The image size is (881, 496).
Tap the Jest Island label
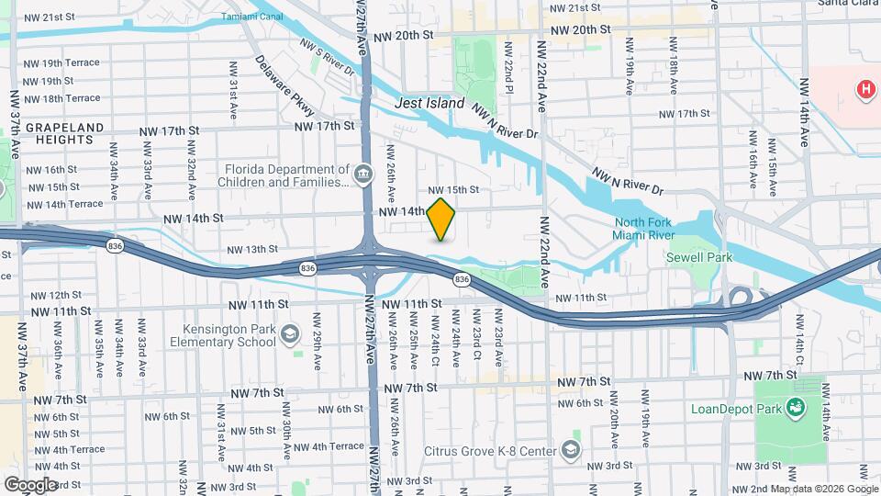pos(429,104)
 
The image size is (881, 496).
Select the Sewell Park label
pos(699,258)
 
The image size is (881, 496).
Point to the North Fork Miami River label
pos(656,230)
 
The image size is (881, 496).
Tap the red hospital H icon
pos(864,89)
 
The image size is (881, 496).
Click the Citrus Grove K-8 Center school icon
pos(572,449)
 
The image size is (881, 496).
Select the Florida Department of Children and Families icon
pos(364,172)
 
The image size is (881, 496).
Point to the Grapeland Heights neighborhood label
pos(60,133)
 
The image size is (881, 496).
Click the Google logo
pos(30,484)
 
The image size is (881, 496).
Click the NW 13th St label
pos(252,249)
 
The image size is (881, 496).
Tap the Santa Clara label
pos(848,4)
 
